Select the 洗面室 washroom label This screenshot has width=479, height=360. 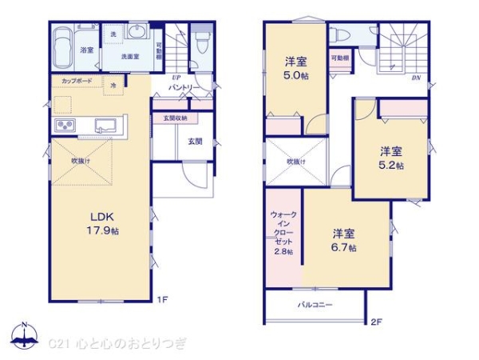tap(130, 57)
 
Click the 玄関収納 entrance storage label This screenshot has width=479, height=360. tap(176, 118)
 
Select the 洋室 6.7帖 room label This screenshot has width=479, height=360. tap(344, 241)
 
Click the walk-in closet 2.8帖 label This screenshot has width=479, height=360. tap(282, 234)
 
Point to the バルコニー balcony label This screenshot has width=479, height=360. tap(315, 305)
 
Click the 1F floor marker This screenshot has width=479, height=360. tap(162, 301)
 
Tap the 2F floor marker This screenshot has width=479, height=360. tap(377, 322)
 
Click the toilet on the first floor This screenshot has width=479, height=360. tap(200, 40)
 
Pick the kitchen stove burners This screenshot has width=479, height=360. tap(64, 126)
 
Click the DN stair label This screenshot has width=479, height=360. tap(416, 78)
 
